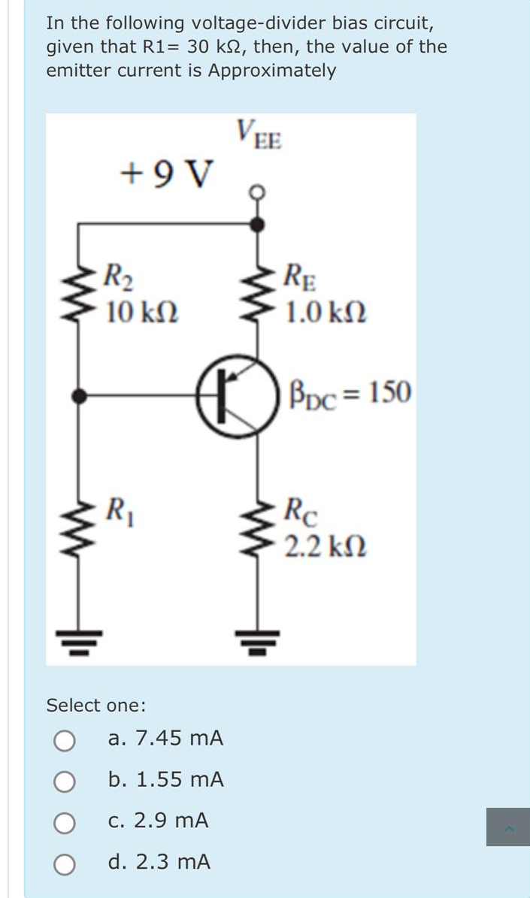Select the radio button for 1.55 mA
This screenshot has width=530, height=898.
point(64,781)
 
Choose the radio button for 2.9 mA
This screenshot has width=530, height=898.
point(64,822)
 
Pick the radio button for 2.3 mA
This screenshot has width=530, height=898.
point(64,863)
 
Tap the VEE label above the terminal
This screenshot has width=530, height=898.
point(258,135)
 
